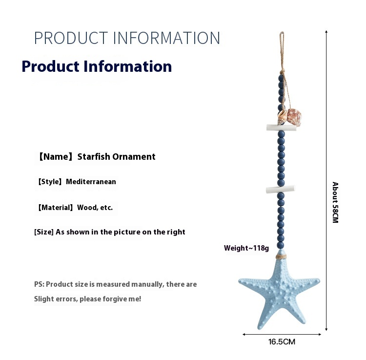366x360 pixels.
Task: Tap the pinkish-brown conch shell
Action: tap(294, 117)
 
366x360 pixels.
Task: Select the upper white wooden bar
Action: tap(282, 127)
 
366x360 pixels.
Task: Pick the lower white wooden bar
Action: tap(280, 189)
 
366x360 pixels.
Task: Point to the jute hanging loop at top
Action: tap(282, 51)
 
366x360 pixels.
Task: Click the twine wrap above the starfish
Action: tap(281, 256)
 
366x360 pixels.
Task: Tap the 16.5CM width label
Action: tap(282, 342)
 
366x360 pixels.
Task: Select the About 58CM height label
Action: tap(335, 202)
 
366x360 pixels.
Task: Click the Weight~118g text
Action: tap(246, 248)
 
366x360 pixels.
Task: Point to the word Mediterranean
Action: tap(91, 182)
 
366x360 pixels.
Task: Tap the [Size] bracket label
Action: tap(44, 232)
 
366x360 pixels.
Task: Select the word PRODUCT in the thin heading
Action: tap(71, 38)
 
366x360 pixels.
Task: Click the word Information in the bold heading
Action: tap(127, 66)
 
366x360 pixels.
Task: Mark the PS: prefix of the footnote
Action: tap(39, 284)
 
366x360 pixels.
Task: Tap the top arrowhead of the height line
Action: tap(326, 32)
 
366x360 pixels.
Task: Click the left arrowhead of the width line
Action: tap(244, 334)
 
